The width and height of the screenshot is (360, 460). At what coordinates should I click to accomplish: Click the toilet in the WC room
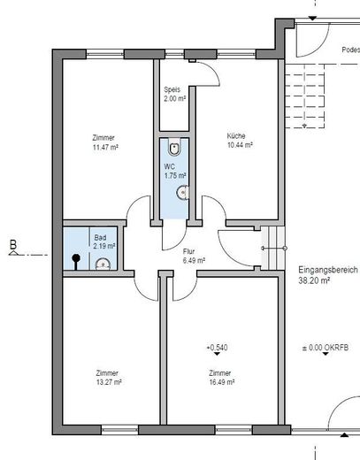coord(174,148)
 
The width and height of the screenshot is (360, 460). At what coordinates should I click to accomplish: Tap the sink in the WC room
coord(183,193)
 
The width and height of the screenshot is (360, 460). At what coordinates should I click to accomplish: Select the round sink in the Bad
coord(103,264)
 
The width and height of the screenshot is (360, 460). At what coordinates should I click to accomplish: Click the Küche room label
coord(236,136)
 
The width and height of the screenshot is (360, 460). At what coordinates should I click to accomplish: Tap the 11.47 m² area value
coord(105,147)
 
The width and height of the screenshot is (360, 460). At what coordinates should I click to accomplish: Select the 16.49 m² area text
coord(222,382)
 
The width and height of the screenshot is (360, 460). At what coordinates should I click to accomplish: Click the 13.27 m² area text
coord(109,382)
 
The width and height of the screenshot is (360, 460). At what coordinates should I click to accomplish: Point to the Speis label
coord(172,89)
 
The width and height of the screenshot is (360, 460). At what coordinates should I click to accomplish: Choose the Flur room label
coord(188,251)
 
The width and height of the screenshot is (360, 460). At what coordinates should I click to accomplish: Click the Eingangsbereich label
coord(328,270)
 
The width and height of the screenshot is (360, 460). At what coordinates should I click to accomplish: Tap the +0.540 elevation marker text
coord(217,348)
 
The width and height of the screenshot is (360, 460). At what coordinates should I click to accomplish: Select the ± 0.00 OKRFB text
coord(326,348)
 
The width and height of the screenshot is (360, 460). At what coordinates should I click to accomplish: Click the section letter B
coord(13,244)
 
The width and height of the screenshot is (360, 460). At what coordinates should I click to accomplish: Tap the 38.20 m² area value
coord(314,280)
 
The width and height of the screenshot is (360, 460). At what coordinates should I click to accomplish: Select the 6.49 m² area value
coord(194,261)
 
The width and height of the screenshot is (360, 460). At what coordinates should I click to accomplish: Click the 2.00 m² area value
coord(175,98)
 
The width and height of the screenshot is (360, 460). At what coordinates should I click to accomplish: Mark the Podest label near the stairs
coord(351,50)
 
